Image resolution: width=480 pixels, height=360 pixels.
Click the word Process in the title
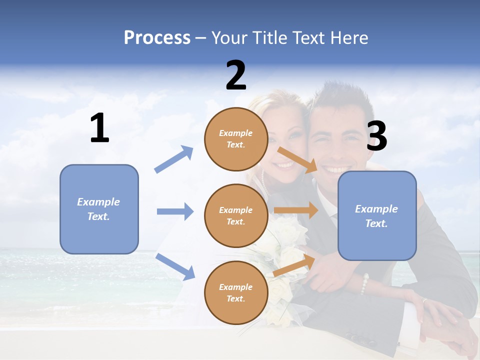(x=157, y=38)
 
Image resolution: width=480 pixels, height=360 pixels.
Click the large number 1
(x=99, y=128)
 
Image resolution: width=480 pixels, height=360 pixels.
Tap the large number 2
(x=236, y=75)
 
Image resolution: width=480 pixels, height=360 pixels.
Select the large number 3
(x=376, y=136)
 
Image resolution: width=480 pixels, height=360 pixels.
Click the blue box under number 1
(x=99, y=209)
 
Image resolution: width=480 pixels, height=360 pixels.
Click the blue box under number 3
(x=377, y=216)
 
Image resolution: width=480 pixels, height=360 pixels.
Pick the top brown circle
(x=236, y=139)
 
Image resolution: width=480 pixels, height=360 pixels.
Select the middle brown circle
(x=236, y=216)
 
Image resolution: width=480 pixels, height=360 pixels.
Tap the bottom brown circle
(x=236, y=293)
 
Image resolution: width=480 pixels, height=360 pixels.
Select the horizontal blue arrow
(x=175, y=211)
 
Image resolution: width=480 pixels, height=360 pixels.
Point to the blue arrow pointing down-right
(x=175, y=266)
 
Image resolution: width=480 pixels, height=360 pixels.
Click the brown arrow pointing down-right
(x=297, y=159)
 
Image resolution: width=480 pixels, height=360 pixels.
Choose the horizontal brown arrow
(x=296, y=210)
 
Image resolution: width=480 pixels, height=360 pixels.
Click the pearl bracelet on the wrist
(x=364, y=284)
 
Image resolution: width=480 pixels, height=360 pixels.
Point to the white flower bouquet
(x=287, y=240)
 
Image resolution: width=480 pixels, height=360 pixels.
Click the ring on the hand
(x=424, y=301)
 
